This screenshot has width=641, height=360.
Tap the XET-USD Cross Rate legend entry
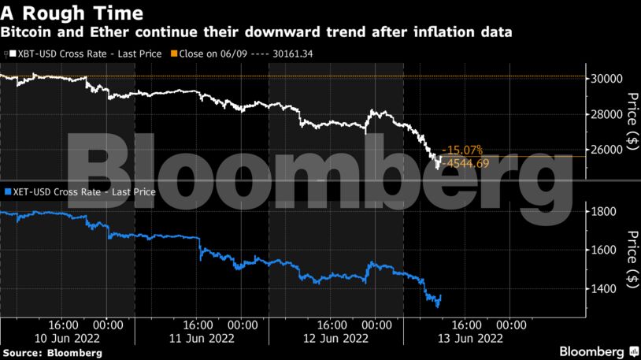point(80,191)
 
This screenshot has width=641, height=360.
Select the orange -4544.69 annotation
point(467,163)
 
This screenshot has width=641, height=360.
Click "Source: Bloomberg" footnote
point(52,353)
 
